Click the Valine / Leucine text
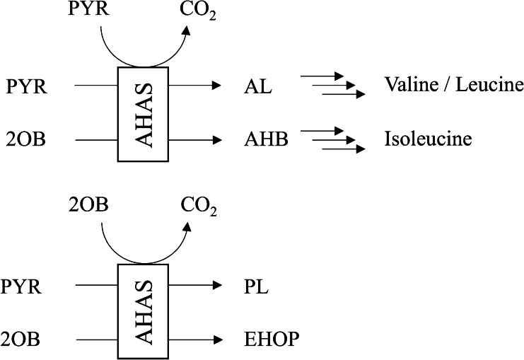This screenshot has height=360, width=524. pyautogui.click(x=453, y=86)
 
